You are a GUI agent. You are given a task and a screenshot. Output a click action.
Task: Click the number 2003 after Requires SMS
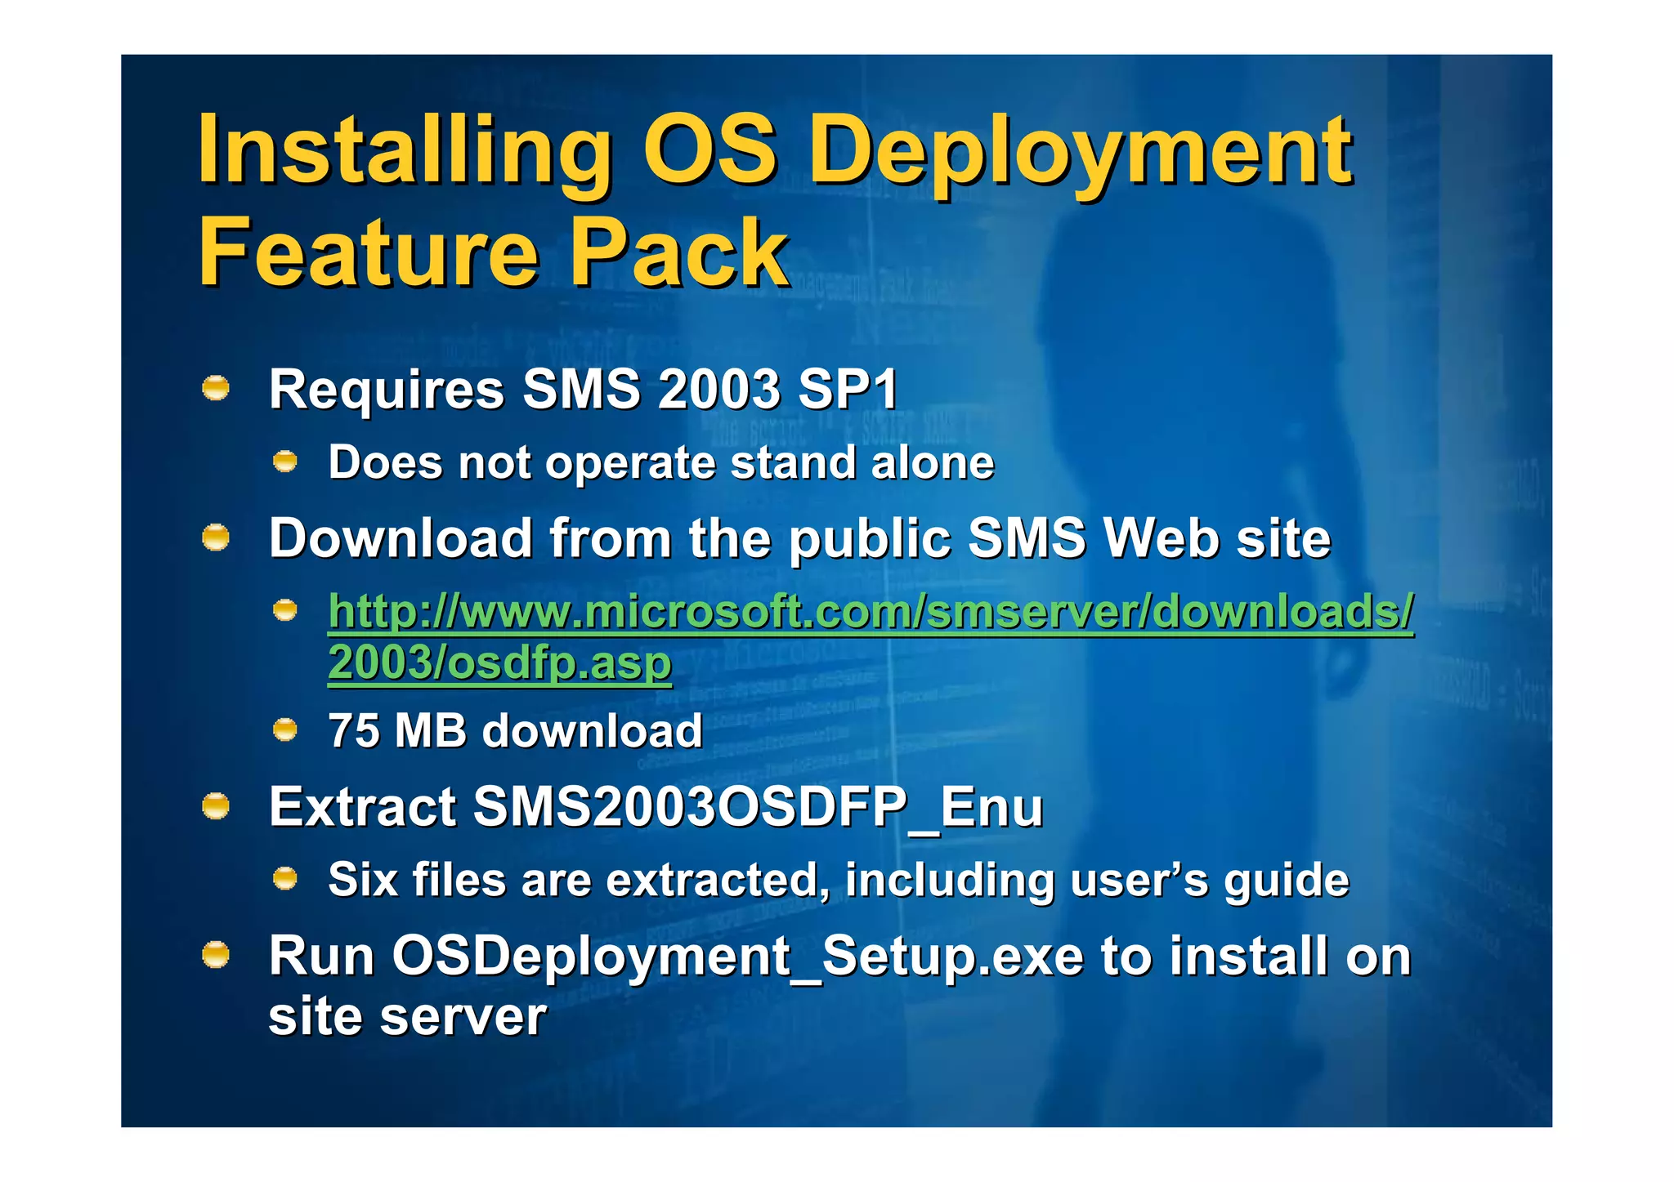click(x=719, y=389)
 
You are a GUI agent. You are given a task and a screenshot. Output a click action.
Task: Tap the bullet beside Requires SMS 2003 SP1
click(x=216, y=388)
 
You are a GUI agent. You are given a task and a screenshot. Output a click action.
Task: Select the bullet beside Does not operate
click(x=284, y=462)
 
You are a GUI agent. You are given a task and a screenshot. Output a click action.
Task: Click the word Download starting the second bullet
click(x=401, y=538)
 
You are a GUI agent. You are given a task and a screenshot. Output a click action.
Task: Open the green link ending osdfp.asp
click(x=871, y=613)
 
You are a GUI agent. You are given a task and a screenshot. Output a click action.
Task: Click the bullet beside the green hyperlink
click(x=284, y=610)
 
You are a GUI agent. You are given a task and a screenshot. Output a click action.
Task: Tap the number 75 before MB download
click(x=353, y=730)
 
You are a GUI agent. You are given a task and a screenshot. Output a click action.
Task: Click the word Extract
click(x=362, y=807)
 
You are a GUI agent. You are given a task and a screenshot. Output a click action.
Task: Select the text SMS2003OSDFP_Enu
click(x=758, y=807)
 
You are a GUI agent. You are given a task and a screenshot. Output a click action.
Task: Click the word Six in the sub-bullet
click(x=363, y=880)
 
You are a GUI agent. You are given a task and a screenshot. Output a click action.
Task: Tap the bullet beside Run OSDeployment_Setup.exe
click(x=216, y=955)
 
